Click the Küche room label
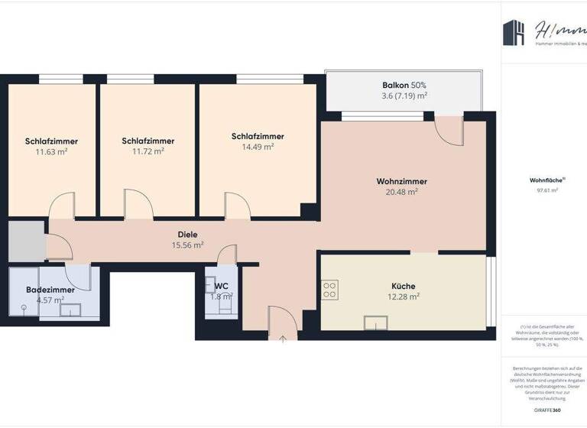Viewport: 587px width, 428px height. coord(404,286)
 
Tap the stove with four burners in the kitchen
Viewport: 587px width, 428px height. coord(330,290)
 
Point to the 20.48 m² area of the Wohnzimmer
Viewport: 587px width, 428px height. coord(401,192)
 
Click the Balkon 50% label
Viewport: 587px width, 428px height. coord(404,85)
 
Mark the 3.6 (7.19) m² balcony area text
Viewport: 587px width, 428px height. coord(404,96)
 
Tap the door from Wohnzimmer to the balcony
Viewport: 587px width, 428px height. coord(449,130)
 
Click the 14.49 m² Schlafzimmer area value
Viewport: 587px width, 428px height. coord(258,147)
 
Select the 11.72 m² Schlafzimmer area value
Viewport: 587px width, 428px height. coord(148,151)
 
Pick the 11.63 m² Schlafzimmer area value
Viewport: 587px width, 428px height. coord(51,151)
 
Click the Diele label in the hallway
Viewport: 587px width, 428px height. coord(188,235)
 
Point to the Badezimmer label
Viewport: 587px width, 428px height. coord(50,290)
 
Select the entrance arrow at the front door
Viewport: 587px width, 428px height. coord(282,337)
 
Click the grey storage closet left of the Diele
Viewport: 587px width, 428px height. coord(27,242)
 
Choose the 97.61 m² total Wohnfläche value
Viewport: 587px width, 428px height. coord(547,190)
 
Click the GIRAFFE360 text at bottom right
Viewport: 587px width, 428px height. coord(547,410)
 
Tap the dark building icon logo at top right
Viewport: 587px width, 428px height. coord(513,32)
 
